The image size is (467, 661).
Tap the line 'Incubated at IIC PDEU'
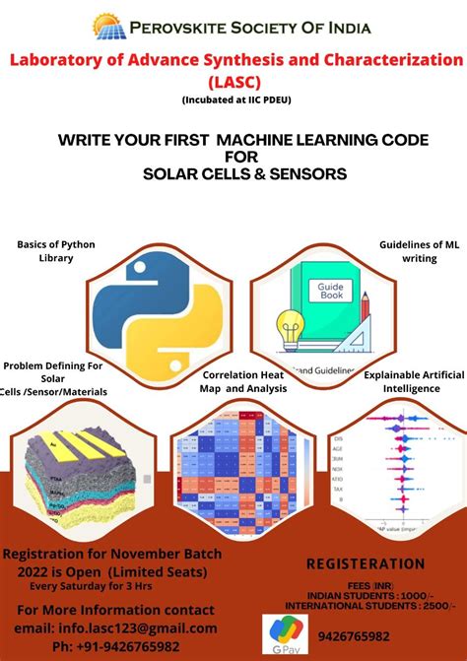tap(235, 100)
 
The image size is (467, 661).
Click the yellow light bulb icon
tap(291, 328)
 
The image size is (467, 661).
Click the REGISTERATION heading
tap(366, 564)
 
